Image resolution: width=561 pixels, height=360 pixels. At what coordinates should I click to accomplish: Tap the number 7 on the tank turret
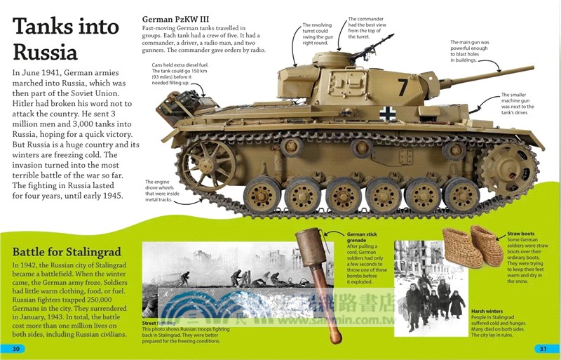tap(403, 87)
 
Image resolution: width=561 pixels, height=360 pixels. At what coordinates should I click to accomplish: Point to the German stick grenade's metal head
tap(307, 251)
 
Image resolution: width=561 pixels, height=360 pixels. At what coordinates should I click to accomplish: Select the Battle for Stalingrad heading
tap(67, 252)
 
